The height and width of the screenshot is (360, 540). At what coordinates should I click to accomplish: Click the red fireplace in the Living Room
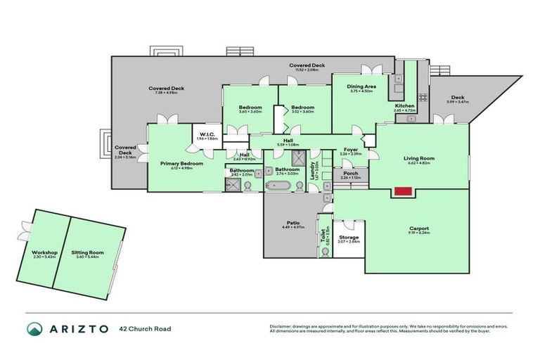402,191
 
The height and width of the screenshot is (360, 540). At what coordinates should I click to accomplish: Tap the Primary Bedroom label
181,163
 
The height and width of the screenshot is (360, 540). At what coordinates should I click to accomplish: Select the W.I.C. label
207,134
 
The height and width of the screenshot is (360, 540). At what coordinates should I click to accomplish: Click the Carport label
419,229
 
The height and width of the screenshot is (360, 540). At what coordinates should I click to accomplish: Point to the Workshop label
44,252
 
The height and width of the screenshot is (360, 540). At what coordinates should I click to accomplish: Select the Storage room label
349,238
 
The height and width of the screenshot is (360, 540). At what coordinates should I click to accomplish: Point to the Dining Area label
361,86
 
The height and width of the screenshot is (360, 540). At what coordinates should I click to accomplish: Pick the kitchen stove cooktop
423,98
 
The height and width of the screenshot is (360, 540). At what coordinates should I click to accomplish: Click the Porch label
350,173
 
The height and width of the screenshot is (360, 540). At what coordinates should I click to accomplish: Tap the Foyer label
350,149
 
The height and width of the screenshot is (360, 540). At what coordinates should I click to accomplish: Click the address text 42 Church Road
145,328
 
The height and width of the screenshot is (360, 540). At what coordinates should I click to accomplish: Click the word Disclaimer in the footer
281,326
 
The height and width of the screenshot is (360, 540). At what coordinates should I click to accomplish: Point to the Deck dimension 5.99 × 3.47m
457,103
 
